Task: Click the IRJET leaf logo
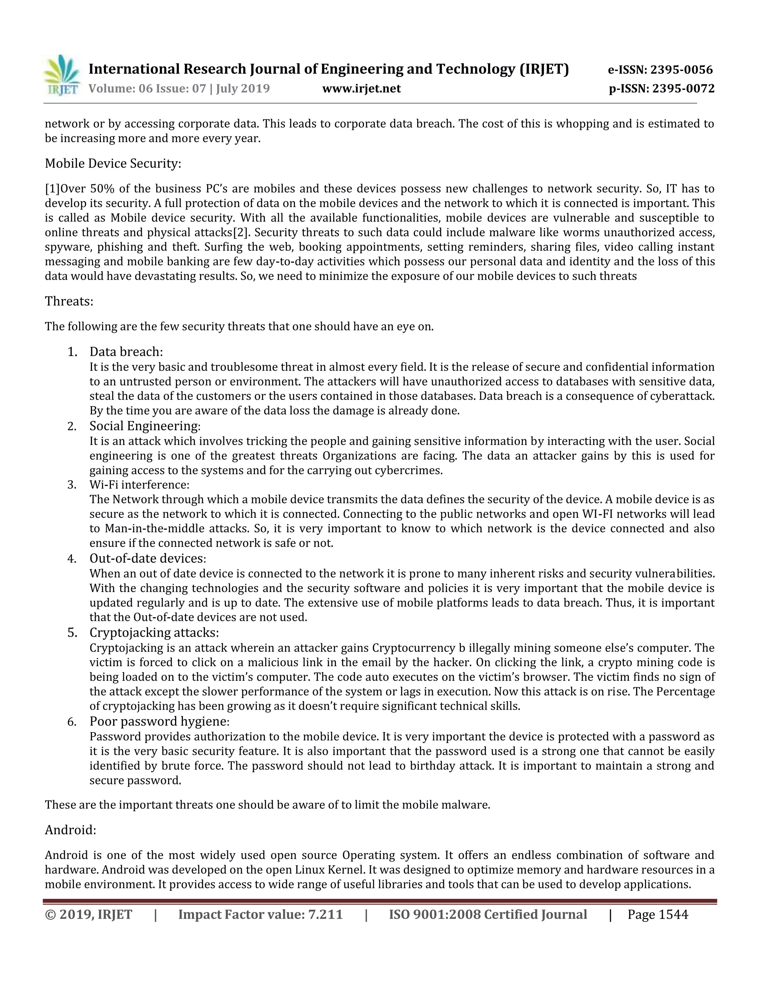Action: point(62,75)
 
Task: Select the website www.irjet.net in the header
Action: point(361,89)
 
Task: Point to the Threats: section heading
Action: point(69,301)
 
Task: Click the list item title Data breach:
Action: point(126,352)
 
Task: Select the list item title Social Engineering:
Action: point(144,426)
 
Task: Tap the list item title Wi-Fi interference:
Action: point(139,485)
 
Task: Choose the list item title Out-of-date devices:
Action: point(147,559)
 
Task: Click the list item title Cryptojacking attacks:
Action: point(154,632)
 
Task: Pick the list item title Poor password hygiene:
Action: point(159,721)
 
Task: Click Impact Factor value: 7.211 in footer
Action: point(260,915)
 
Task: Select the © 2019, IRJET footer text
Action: point(89,915)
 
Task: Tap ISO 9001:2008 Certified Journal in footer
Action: point(488,915)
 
